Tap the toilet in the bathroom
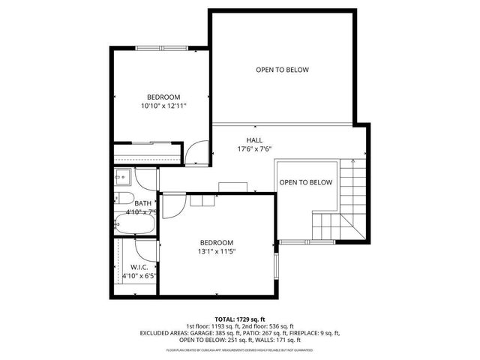click(x=124, y=200)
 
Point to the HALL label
click(x=254, y=140)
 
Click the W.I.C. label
click(x=139, y=267)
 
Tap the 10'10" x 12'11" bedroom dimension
click(x=163, y=106)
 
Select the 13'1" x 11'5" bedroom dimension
click(x=216, y=253)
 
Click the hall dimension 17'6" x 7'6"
click(x=254, y=149)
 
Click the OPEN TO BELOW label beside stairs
click(x=305, y=182)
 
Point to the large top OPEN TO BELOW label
click(x=282, y=70)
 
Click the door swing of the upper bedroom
click(x=194, y=154)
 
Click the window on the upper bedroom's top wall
click(x=162, y=47)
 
